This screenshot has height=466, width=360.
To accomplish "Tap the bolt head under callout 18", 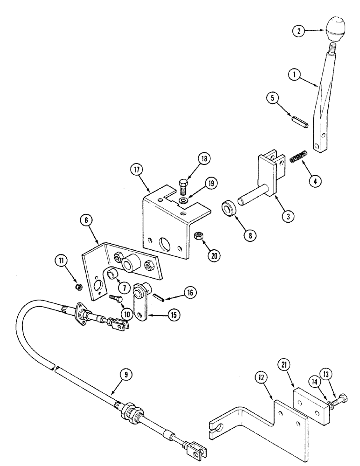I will coord(183,183).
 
